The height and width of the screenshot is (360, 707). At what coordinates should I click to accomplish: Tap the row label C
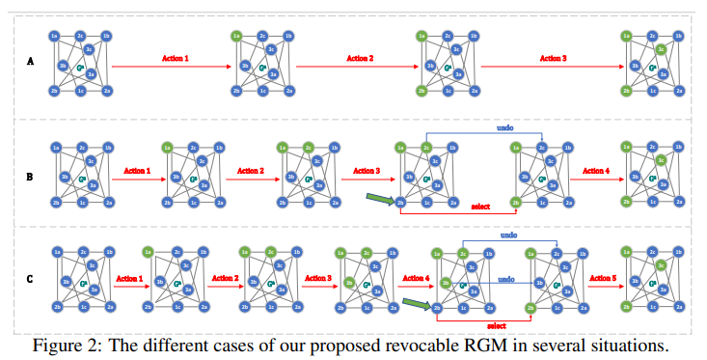(x=31, y=279)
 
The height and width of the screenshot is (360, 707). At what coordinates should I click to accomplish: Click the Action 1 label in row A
(x=173, y=58)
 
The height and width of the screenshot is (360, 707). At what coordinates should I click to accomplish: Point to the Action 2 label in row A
(x=358, y=58)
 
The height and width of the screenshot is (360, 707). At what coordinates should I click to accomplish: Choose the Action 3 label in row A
(x=553, y=58)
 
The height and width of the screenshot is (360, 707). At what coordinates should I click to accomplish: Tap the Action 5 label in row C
(x=601, y=277)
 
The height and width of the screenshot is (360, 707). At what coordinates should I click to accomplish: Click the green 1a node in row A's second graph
(x=236, y=37)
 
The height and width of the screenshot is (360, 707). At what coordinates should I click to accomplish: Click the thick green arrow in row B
(x=379, y=200)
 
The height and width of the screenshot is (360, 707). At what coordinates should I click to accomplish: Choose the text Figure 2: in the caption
(x=62, y=346)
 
